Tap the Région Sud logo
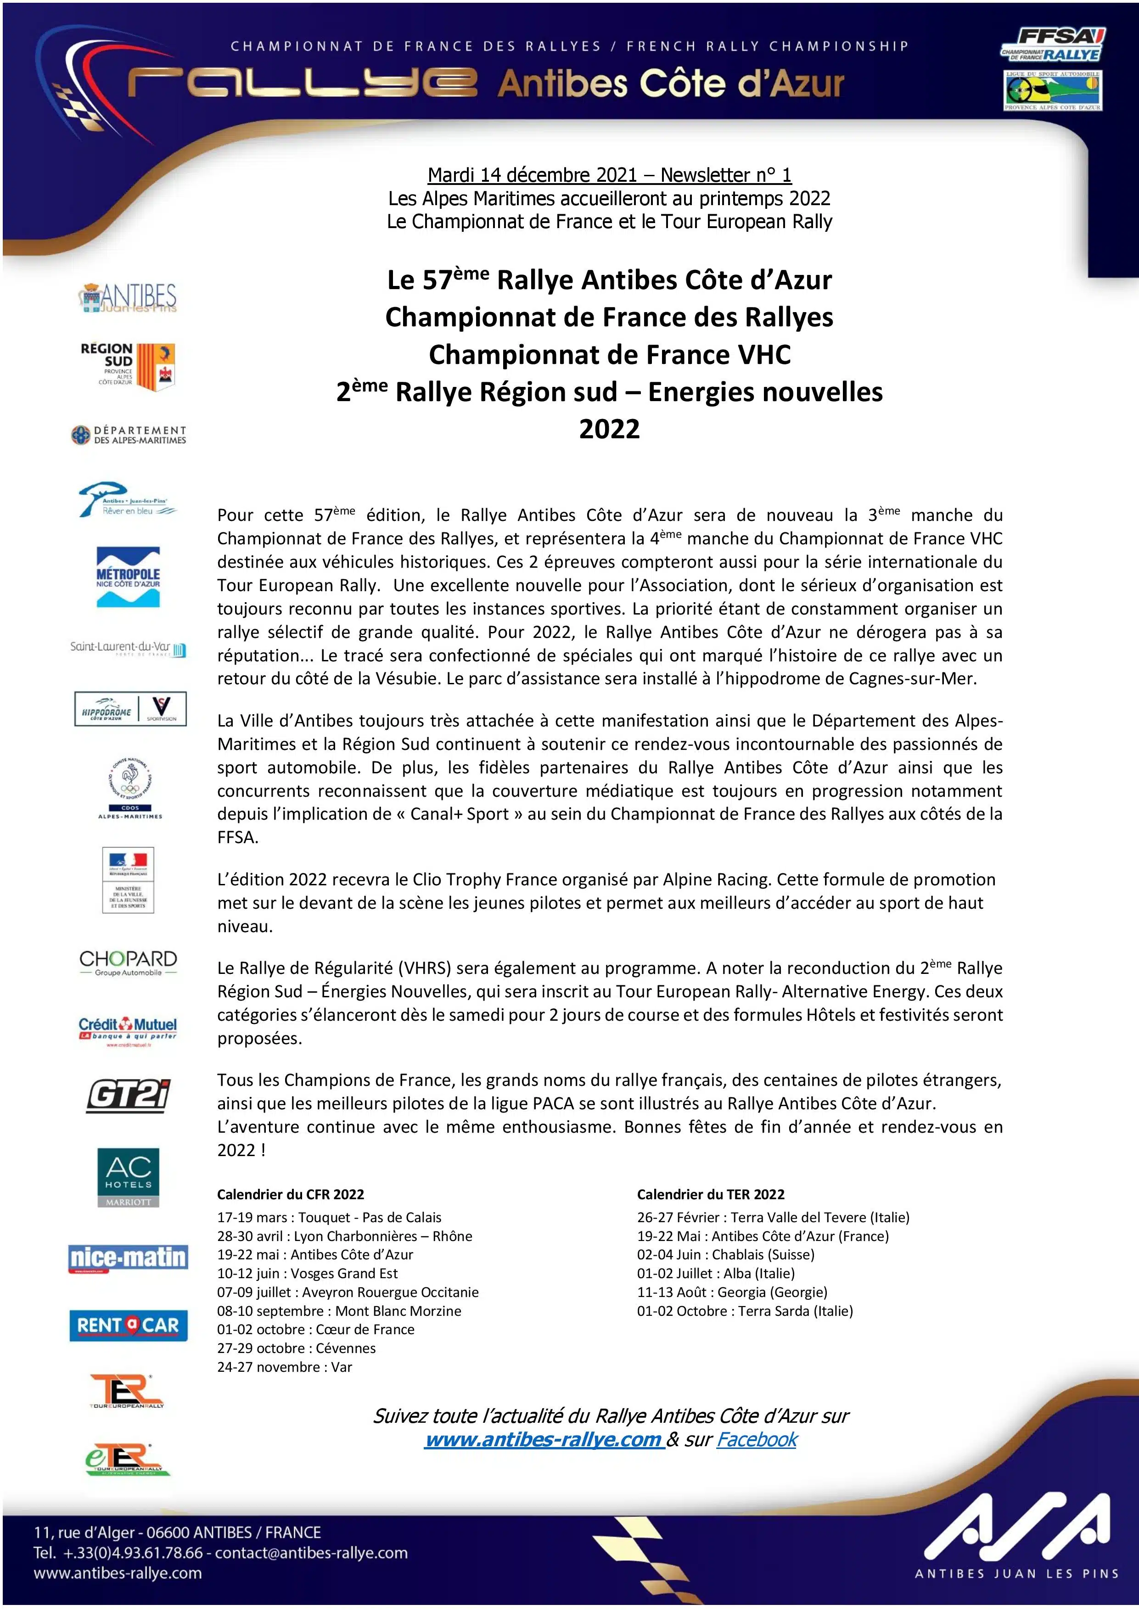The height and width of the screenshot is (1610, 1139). (128, 365)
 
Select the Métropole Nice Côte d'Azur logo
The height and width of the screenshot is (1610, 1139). (129, 576)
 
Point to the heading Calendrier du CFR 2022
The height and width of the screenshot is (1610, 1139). (290, 1194)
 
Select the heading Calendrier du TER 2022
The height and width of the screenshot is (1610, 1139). (711, 1194)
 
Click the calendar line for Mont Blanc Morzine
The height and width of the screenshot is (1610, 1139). (339, 1311)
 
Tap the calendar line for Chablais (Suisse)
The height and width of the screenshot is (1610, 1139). (726, 1254)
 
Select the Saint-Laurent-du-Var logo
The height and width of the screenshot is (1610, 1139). (128, 648)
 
